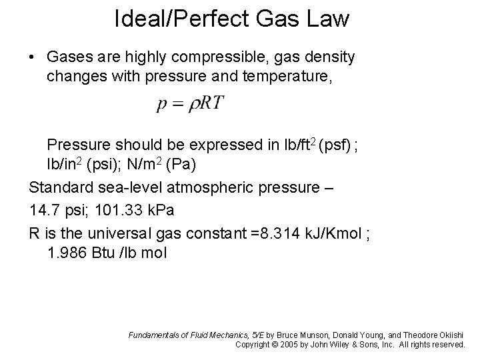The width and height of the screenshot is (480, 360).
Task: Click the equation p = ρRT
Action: click(191, 105)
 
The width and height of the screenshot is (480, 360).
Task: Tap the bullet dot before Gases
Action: click(33, 58)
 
